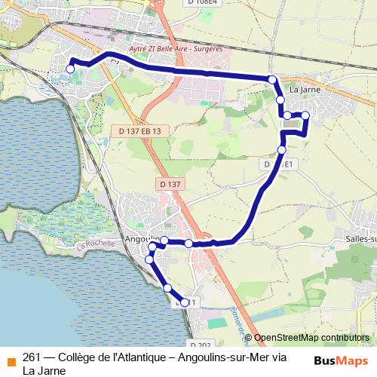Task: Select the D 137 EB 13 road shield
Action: coord(140,130)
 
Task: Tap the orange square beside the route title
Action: coord(10,360)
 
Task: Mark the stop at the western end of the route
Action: coord(70,69)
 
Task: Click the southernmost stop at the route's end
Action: coord(185,302)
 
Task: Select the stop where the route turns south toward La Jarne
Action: coord(272,79)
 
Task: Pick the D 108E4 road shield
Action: coord(202,3)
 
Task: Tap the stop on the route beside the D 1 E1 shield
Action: coord(282,150)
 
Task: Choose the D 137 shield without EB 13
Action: coord(171,184)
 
